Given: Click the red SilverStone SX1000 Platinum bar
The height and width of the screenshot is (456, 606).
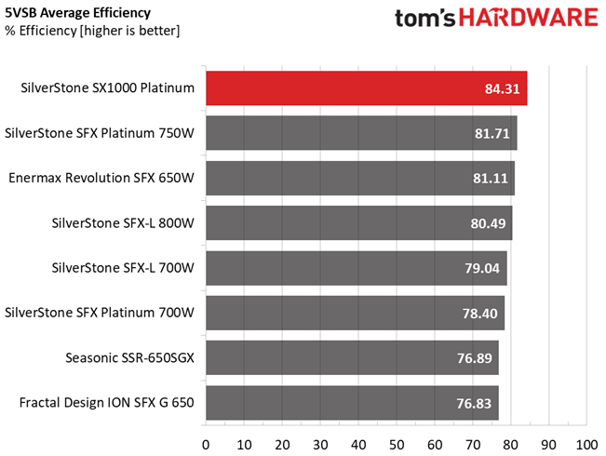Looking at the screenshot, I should (x=366, y=88).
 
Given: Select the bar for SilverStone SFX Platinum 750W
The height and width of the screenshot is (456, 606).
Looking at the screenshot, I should (x=360, y=133).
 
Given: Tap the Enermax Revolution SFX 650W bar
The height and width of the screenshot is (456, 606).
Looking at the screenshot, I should (x=359, y=179).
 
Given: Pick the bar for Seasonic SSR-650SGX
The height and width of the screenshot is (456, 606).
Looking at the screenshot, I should (x=351, y=358).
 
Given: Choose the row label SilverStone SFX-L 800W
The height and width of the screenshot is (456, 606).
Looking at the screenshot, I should (x=125, y=223).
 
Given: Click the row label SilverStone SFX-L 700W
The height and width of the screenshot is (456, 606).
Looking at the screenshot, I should (x=125, y=269).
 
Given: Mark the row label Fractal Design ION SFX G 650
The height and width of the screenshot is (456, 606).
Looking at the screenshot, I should (x=107, y=404).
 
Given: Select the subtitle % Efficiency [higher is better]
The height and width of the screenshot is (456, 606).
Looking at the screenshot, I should (x=91, y=31).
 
